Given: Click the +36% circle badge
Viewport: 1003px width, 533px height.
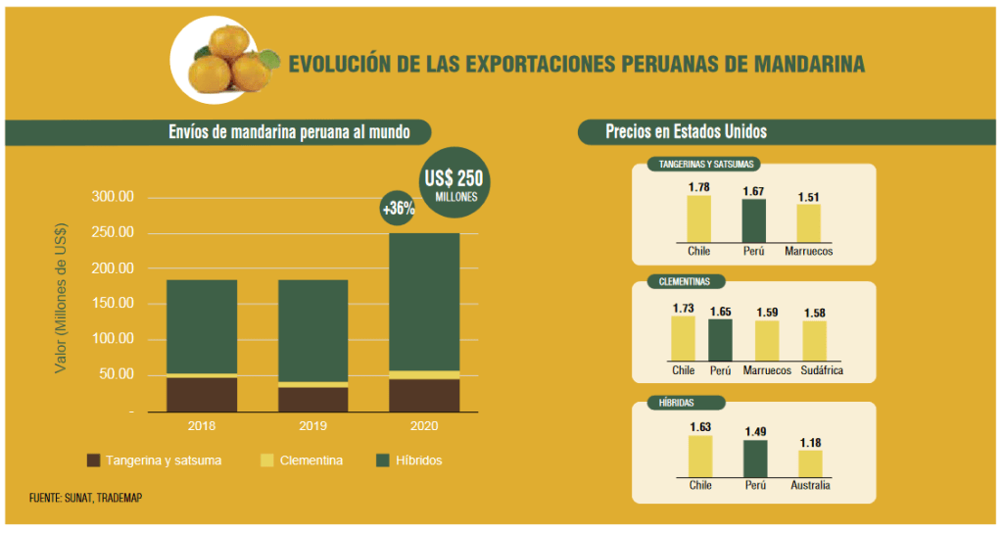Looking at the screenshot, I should pyautogui.click(x=399, y=208).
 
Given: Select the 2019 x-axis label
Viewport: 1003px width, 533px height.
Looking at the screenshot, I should pyautogui.click(x=312, y=426).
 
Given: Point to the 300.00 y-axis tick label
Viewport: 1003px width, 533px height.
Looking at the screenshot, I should pyautogui.click(x=112, y=197).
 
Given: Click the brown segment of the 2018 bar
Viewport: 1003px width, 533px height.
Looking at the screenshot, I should pyautogui.click(x=201, y=394).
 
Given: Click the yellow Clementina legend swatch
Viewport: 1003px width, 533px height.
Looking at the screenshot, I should pyautogui.click(x=266, y=460).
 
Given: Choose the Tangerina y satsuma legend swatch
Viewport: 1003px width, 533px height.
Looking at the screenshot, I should pyautogui.click(x=94, y=460).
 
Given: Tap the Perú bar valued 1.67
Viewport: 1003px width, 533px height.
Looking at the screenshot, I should pyautogui.click(x=753, y=221).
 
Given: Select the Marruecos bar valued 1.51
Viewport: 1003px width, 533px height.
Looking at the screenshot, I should pyautogui.click(x=808, y=224).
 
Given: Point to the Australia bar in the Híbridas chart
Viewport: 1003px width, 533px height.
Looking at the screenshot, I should pyautogui.click(x=810, y=463).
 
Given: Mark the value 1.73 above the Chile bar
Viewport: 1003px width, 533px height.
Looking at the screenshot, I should pyautogui.click(x=683, y=309).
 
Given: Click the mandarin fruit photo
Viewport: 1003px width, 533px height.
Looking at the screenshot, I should pyautogui.click(x=220, y=61).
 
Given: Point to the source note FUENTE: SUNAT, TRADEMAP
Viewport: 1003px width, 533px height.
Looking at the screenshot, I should pyautogui.click(x=85, y=499).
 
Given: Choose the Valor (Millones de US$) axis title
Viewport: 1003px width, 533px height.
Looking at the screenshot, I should pyautogui.click(x=61, y=304).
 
